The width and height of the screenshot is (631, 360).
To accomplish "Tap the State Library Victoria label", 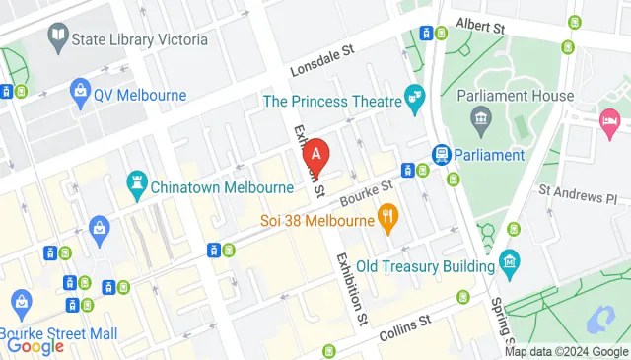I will pyautogui.click(x=140, y=39).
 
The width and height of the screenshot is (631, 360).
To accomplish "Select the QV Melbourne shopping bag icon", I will pyautogui.click(x=80, y=95).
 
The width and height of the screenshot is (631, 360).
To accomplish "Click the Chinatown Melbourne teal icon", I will pyautogui.click(x=136, y=184).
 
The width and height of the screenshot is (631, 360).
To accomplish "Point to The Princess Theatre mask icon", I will pyautogui.click(x=415, y=100).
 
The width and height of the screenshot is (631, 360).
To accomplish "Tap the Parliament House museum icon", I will pyautogui.click(x=480, y=122).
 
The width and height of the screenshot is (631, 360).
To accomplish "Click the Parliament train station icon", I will pyautogui.click(x=441, y=155).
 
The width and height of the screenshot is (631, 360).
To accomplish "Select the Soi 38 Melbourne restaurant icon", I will pyautogui.click(x=387, y=218).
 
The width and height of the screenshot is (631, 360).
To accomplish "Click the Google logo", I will pyautogui.click(x=35, y=345).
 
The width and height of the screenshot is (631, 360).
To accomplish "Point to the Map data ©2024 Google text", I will pyautogui.click(x=566, y=352).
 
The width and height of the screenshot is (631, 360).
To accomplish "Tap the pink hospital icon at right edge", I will pyautogui.click(x=609, y=123).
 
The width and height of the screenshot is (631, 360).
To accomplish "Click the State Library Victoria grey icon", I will pyautogui.click(x=57, y=39).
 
